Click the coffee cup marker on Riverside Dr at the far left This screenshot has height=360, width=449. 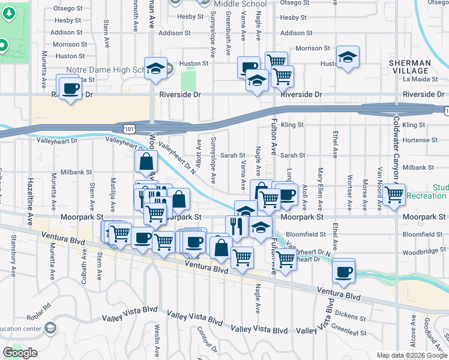[x=71, y=87]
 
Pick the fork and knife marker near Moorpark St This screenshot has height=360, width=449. [x=237, y=226]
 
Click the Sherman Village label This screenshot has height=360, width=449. [x=410, y=67]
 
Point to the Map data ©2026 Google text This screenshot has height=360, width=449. [x=411, y=355]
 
